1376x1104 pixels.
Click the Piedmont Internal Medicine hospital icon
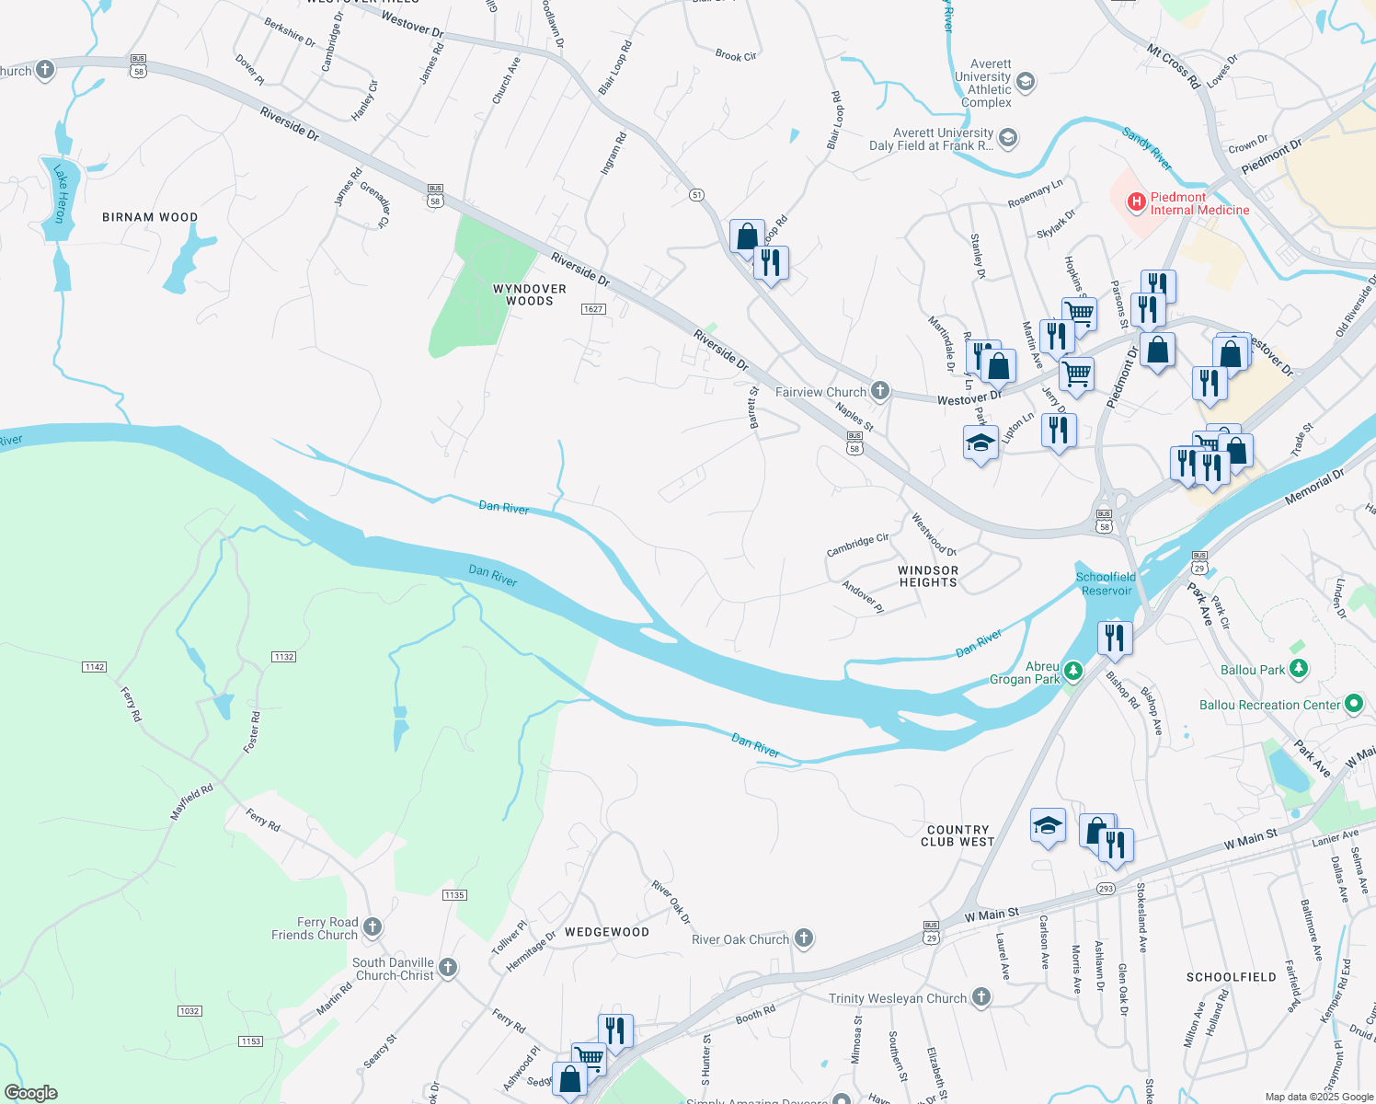(1136, 201)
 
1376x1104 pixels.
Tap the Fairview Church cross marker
(880, 391)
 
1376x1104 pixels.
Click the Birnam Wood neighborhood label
(150, 218)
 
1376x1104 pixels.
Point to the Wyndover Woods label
(530, 294)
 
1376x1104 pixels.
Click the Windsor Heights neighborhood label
(928, 576)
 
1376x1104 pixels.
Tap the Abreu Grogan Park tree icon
(1073, 671)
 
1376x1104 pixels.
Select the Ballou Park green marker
(1298, 669)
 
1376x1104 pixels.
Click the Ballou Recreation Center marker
(1353, 705)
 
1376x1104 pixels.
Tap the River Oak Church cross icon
(804, 938)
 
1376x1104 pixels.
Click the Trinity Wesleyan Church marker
(981, 997)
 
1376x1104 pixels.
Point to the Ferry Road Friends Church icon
(373, 926)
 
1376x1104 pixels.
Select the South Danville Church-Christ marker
(448, 967)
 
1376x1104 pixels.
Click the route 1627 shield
(593, 309)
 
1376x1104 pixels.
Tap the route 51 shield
(696, 195)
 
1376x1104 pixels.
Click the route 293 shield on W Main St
(1106, 889)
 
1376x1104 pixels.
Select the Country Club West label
(957, 835)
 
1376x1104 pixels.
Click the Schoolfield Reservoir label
(1107, 583)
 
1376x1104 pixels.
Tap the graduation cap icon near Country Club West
(1048, 825)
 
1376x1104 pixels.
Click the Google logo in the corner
(31, 1092)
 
